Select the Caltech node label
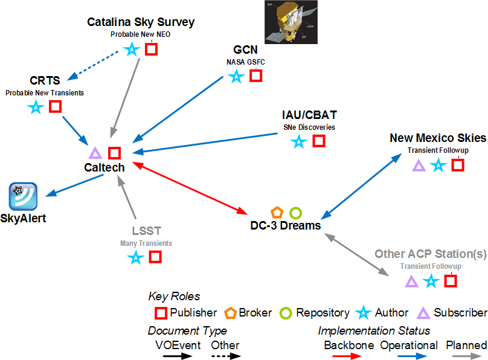point(104,168)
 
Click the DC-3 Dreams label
point(285,225)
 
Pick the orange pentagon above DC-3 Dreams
point(277,213)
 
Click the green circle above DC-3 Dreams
point(295,213)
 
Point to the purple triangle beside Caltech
point(95,153)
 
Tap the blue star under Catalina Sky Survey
point(131,50)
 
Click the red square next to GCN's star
point(256,76)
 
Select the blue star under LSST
point(136,258)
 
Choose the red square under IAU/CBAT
point(318,141)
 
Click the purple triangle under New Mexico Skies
point(419,165)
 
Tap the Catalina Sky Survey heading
point(141,22)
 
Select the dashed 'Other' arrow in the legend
point(225,356)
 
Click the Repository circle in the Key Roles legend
point(286,313)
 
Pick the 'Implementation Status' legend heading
point(374,330)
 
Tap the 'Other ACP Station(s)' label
point(430,254)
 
